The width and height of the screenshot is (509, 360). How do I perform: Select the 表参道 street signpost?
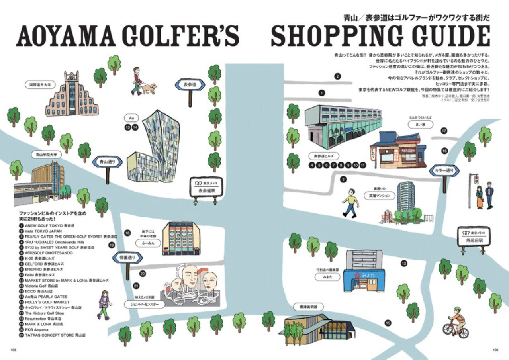[190, 85]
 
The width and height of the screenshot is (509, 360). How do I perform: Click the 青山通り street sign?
[107, 162]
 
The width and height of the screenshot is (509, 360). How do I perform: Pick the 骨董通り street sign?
[127, 258]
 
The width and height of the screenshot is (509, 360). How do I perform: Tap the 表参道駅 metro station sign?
[206, 188]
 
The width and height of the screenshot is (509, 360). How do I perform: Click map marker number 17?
[444, 131]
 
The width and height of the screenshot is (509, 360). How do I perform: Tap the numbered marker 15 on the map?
[388, 323]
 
